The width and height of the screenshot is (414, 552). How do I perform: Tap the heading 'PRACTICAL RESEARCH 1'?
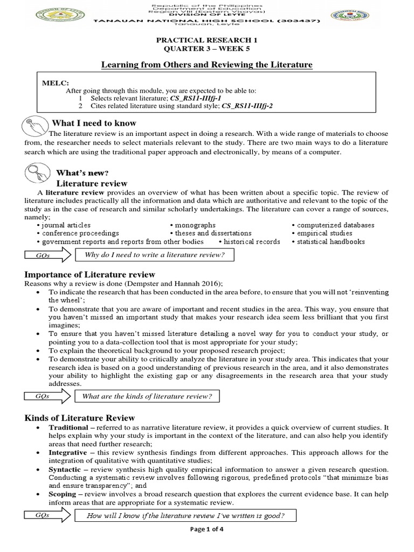(208, 40)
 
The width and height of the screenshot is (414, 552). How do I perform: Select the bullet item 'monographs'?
(194, 225)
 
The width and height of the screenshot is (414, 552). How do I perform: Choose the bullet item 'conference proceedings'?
(78, 233)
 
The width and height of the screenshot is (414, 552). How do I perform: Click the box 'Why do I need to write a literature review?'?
(155, 255)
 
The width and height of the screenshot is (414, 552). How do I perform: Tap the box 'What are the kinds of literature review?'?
(147, 397)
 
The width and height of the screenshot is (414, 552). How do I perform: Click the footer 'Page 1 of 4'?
(207, 529)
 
